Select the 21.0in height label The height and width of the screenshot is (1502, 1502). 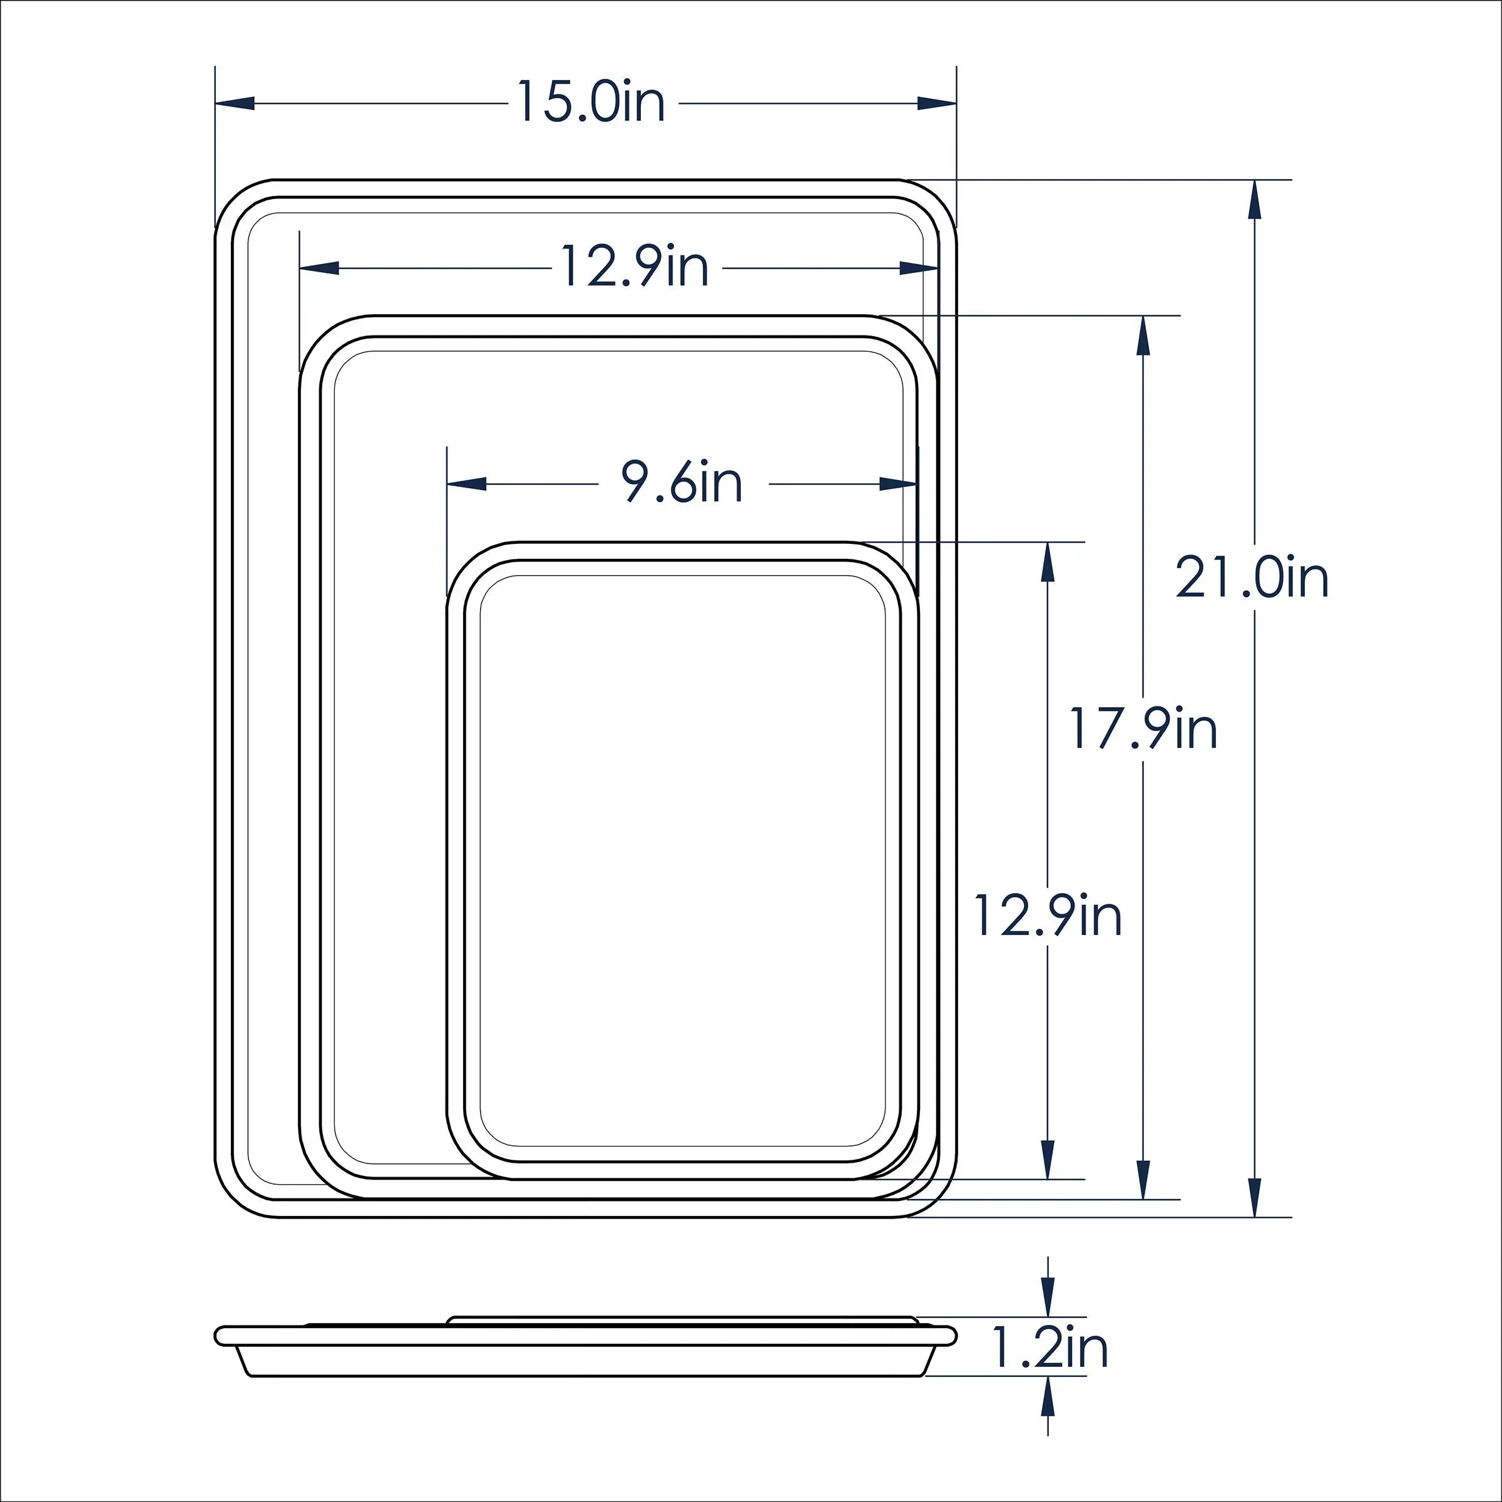click(x=1252, y=578)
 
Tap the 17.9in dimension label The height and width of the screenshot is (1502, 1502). click(x=1143, y=728)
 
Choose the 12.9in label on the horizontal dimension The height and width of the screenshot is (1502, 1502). click(x=635, y=267)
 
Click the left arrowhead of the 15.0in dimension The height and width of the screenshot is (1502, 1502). click(x=235, y=103)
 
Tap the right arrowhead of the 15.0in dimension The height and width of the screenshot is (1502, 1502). click(x=937, y=103)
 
